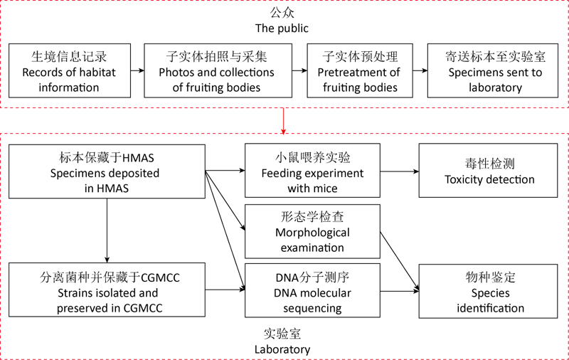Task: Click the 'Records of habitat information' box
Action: pyautogui.click(x=69, y=70)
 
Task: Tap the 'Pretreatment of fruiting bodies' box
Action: pyautogui.click(x=360, y=70)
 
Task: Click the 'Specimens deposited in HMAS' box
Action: pyautogui.click(x=106, y=171)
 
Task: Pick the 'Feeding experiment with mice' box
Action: pyautogui.click(x=312, y=171)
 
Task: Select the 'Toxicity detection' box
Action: pyautogui.click(x=489, y=171)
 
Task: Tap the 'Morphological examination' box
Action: pyautogui.click(x=312, y=231)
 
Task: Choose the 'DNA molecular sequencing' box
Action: pyautogui.click(x=312, y=290)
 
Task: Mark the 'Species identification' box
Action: pyautogui.click(x=489, y=290)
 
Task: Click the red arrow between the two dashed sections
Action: pyautogui.click(x=284, y=120)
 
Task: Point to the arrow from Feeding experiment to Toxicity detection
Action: pyautogui.click(x=399, y=171)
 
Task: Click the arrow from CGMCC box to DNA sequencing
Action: pyautogui.click(x=225, y=290)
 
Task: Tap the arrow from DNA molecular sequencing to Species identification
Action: pyautogui.click(x=399, y=290)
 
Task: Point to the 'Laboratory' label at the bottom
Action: pyautogui.click(x=282, y=349)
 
